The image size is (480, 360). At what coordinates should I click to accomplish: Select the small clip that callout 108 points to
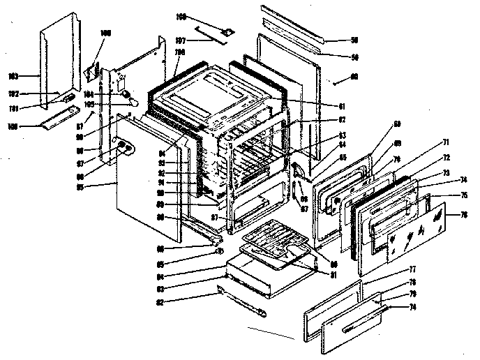click(227, 31)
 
